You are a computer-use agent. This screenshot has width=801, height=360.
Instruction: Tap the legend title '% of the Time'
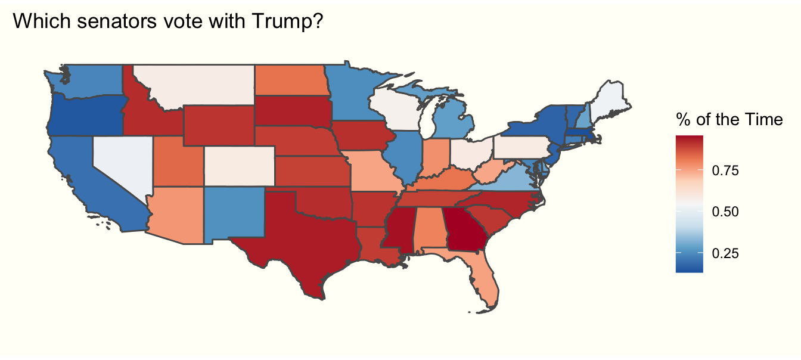point(729,120)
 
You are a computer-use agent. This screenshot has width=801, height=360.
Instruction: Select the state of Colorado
point(240,167)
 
